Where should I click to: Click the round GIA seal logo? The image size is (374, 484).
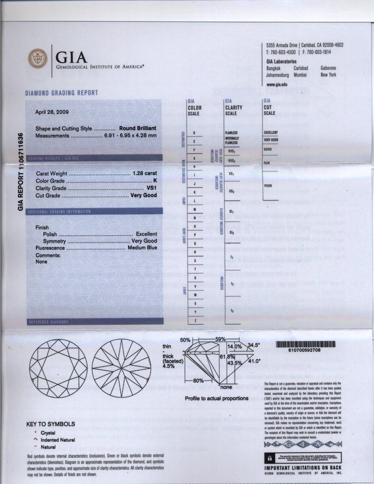(x=38, y=58)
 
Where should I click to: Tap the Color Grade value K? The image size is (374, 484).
(x=155, y=180)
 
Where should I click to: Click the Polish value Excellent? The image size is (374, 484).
(x=146, y=234)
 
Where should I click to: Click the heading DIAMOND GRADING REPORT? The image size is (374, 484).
(x=62, y=93)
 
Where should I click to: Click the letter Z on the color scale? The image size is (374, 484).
(x=194, y=320)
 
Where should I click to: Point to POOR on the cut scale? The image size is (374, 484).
(x=268, y=185)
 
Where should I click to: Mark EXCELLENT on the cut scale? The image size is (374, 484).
(x=271, y=132)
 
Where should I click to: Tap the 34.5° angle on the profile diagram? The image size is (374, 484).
(x=254, y=345)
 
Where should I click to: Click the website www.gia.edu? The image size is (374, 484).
(x=278, y=84)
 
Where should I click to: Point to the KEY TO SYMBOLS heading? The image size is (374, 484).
(x=51, y=424)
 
